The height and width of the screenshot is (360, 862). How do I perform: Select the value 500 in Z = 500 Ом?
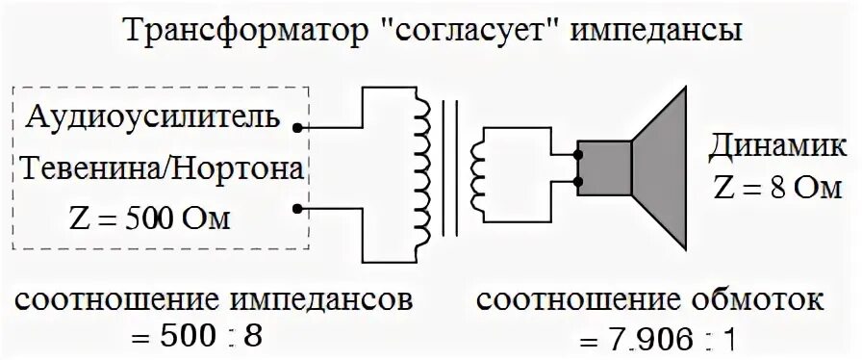[x=147, y=220]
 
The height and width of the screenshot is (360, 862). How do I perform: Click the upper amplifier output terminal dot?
[x=303, y=127]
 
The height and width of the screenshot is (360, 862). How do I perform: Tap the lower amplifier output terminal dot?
[x=303, y=207]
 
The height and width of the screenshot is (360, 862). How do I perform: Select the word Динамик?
[x=778, y=148]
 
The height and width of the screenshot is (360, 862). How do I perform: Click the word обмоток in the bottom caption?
[x=747, y=300]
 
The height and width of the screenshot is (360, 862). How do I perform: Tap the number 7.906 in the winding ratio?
[x=655, y=339]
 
